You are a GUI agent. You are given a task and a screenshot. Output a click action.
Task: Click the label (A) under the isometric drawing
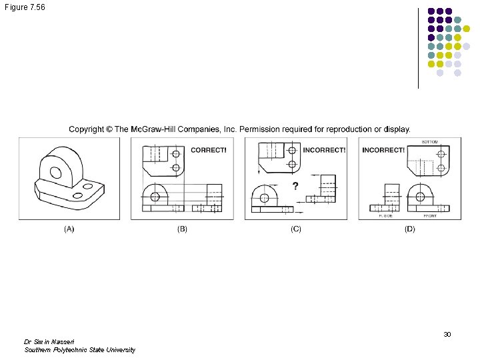click(69, 229)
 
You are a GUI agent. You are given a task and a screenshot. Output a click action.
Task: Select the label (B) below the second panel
click(182, 229)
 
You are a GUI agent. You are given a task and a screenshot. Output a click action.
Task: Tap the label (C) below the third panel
click(296, 229)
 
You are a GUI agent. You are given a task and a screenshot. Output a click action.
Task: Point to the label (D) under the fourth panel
click(409, 229)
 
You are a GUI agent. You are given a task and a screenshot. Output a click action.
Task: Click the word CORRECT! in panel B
click(209, 150)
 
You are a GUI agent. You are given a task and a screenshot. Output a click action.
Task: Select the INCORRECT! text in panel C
click(324, 150)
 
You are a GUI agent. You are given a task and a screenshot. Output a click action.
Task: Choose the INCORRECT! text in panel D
click(383, 150)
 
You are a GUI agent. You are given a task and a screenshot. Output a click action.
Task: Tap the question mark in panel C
click(295, 185)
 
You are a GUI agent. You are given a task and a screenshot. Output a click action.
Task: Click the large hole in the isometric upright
click(56, 173)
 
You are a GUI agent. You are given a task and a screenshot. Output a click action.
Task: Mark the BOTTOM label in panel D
click(430, 142)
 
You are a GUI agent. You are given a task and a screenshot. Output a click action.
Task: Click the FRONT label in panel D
click(430, 216)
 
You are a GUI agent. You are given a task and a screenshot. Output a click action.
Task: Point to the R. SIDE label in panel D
click(386, 216)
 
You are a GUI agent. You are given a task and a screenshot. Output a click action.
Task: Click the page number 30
click(447, 334)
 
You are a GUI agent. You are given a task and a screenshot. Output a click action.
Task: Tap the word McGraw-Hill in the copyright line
click(159, 129)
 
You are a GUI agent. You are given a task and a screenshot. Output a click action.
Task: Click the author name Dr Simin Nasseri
click(49, 341)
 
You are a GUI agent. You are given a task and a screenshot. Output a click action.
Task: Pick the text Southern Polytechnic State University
click(79, 350)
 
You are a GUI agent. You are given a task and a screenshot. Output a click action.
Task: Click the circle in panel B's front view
click(155, 196)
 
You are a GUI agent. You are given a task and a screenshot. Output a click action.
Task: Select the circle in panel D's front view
click(421, 196)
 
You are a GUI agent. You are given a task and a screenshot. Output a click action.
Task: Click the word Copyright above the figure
click(87, 129)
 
